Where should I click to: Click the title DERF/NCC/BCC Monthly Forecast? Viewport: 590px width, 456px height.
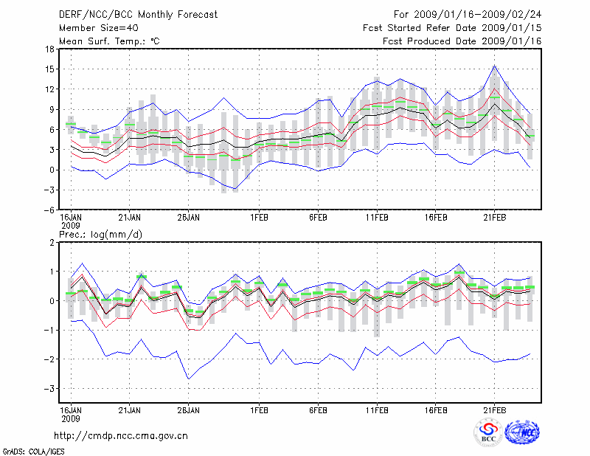pyautogui.click(x=136, y=15)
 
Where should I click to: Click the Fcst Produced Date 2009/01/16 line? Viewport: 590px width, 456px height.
pyautogui.click(x=462, y=41)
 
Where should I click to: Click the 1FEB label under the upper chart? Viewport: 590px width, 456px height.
pyautogui.click(x=259, y=218)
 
